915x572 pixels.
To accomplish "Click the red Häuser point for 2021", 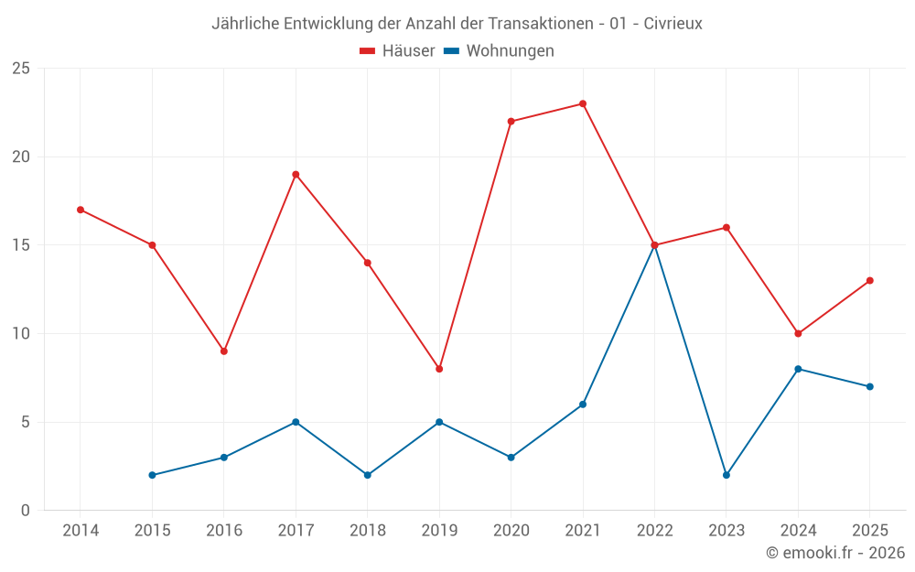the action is (582, 104).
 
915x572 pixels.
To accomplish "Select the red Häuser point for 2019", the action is (439, 369).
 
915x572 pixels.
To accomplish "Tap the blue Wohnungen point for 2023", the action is (727, 475).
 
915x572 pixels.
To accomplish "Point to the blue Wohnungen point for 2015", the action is (152, 475).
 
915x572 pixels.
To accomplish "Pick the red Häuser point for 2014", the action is (81, 210).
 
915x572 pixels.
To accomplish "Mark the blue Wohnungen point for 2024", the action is (798, 369).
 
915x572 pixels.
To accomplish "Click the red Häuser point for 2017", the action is (296, 175).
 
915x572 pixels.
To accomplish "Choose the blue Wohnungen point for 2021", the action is (582, 405).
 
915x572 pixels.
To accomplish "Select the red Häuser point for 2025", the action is (870, 281).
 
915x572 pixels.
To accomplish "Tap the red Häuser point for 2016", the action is (224, 351).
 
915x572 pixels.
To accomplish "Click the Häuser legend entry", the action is (397, 50).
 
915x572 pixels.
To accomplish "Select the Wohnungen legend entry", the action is (499, 50).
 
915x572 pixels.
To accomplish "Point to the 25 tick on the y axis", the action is (21, 69).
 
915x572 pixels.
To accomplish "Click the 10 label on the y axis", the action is (21, 333).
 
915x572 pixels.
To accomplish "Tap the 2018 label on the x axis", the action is (368, 530).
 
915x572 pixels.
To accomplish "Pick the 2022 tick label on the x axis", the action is (655, 530).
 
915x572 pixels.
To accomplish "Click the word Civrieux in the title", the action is (673, 24).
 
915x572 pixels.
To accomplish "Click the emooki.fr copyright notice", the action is (835, 552).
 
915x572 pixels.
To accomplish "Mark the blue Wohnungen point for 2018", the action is (368, 475).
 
